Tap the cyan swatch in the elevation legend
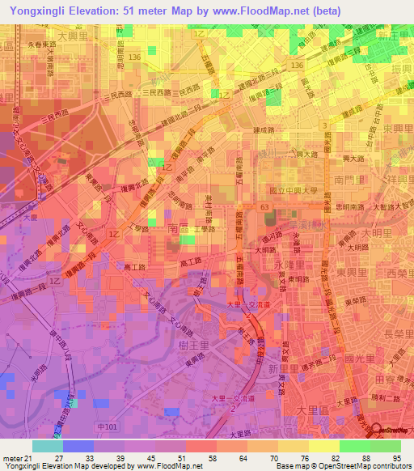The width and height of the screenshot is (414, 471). point(48,446)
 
